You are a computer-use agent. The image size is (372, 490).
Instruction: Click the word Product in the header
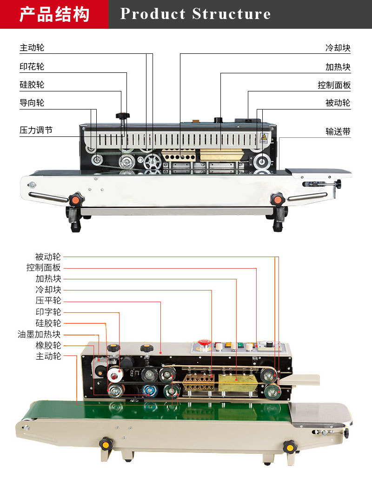(x=153, y=14)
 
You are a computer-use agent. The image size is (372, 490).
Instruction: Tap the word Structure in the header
(x=232, y=14)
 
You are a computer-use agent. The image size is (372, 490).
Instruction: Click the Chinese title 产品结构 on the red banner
(x=54, y=14)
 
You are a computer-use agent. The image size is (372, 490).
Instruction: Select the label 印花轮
(x=32, y=66)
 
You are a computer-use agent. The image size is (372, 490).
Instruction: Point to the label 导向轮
(x=32, y=103)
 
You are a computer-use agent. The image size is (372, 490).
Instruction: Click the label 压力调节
(x=36, y=130)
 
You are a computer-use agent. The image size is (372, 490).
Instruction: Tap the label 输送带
(x=338, y=132)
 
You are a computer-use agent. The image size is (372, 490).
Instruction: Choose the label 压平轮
(x=48, y=301)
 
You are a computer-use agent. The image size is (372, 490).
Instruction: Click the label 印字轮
(x=48, y=312)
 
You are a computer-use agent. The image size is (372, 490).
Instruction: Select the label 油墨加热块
(x=39, y=335)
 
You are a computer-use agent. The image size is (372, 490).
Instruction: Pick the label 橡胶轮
(x=48, y=346)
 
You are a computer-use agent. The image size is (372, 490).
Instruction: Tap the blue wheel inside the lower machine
(x=150, y=390)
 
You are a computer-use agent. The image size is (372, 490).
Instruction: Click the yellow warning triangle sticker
(x=264, y=137)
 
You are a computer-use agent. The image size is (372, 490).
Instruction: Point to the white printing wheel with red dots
(x=115, y=374)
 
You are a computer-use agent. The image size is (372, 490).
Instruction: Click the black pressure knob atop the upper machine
(x=123, y=116)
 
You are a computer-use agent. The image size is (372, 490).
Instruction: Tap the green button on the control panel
(x=240, y=345)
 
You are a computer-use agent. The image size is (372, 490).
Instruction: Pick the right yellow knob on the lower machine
(x=290, y=447)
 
